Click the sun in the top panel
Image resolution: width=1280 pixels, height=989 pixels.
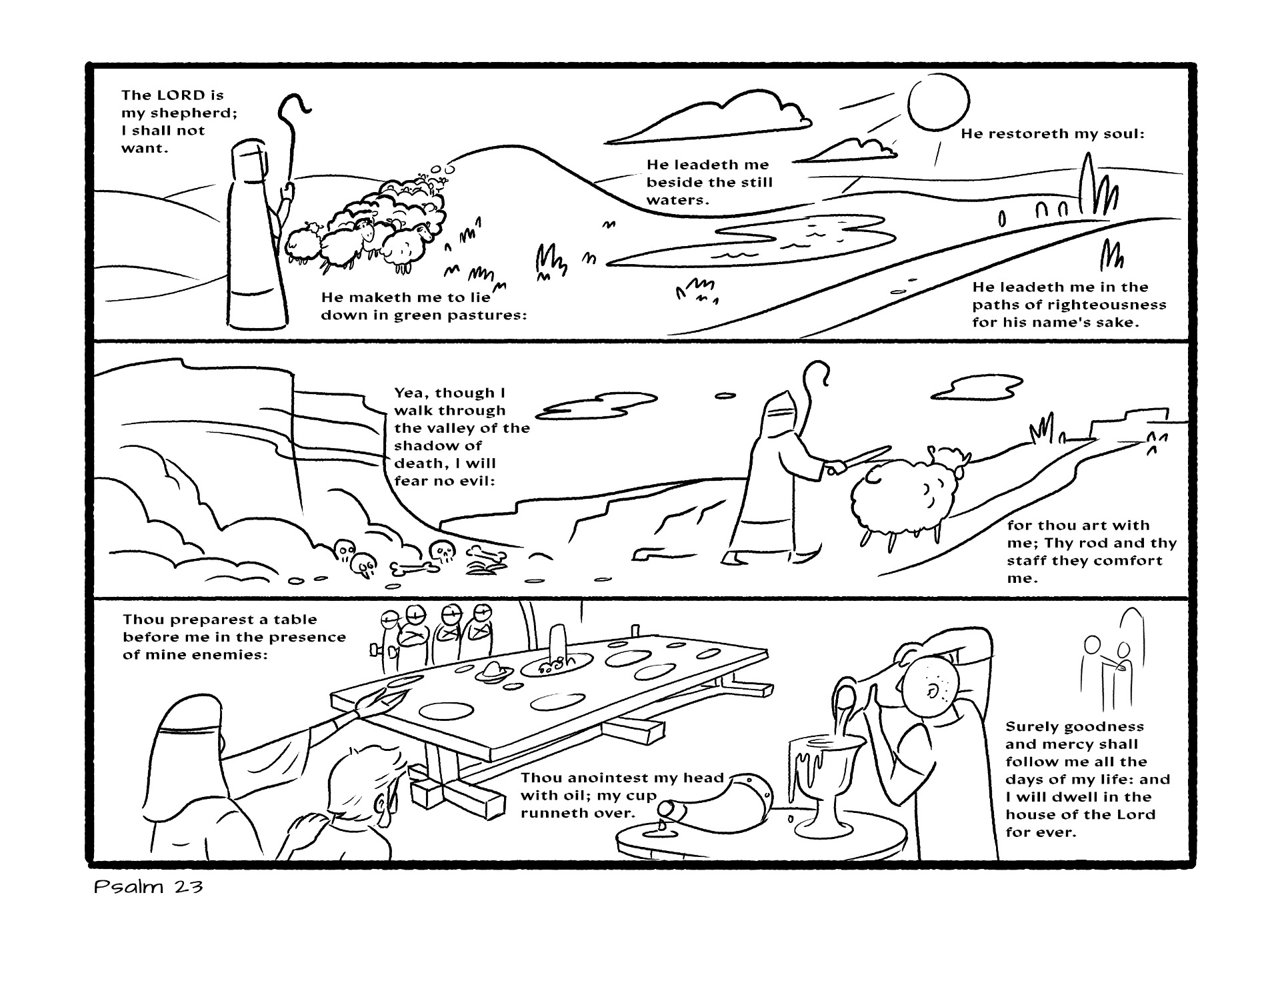939,103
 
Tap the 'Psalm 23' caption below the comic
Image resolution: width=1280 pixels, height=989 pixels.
149,888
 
